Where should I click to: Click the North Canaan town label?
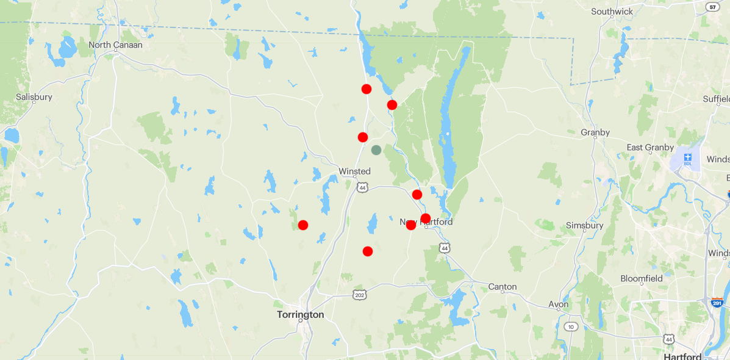click(x=115, y=45)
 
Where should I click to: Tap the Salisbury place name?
click(x=34, y=97)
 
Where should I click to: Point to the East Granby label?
click(x=650, y=148)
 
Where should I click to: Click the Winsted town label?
click(x=355, y=171)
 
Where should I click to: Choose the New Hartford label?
click(x=426, y=223)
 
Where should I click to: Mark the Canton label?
click(x=503, y=287)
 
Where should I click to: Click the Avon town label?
click(x=558, y=304)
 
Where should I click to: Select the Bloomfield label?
click(x=641, y=279)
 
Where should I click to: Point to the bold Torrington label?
click(x=301, y=315)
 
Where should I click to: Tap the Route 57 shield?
click(x=712, y=6)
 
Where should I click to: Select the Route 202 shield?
click(x=360, y=295)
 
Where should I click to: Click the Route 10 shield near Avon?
click(x=570, y=326)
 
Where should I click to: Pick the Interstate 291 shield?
click(x=717, y=303)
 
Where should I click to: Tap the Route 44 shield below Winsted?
click(x=363, y=188)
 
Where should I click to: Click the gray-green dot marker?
click(x=376, y=149)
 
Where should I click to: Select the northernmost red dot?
click(x=367, y=89)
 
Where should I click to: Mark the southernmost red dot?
click(x=368, y=251)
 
